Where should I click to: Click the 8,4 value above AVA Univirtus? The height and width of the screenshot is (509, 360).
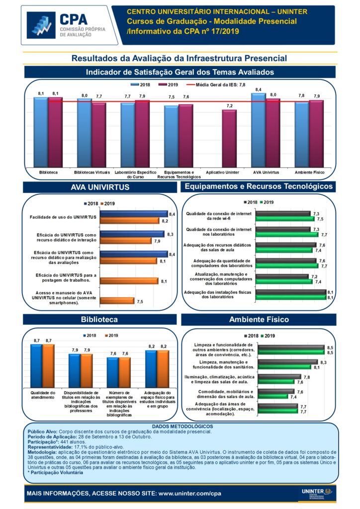pos(258,90)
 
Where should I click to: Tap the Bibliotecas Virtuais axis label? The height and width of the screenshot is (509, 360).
pos(91,172)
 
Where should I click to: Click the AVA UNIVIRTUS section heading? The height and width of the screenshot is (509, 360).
pos(100,187)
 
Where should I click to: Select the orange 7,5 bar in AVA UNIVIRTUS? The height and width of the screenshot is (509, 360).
pos(117,301)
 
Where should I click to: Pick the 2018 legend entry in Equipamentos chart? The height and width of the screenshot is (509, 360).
pos(251,202)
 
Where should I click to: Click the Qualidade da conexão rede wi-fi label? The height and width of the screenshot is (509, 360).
pos(219,216)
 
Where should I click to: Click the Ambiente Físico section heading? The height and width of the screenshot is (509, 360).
pos(259,319)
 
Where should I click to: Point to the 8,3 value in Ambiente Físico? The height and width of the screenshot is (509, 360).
pos(323,362)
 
